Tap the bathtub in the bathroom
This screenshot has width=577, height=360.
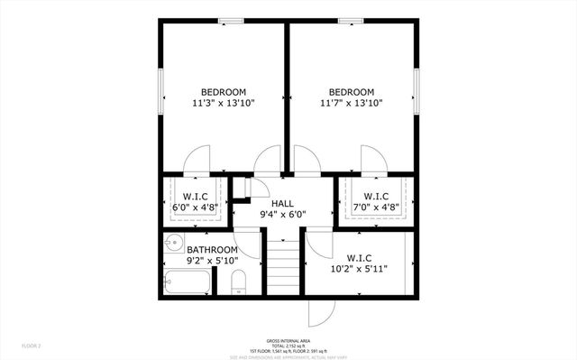coord(188,282)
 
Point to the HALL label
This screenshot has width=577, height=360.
coord(283,203)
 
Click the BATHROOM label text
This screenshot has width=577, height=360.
coord(212,250)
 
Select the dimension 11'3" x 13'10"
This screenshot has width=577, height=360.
coord(224,104)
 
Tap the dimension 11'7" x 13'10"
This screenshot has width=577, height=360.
coord(352,104)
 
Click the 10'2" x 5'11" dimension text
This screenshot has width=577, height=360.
coord(358,269)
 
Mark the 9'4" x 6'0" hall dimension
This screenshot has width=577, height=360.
coord(283,215)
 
